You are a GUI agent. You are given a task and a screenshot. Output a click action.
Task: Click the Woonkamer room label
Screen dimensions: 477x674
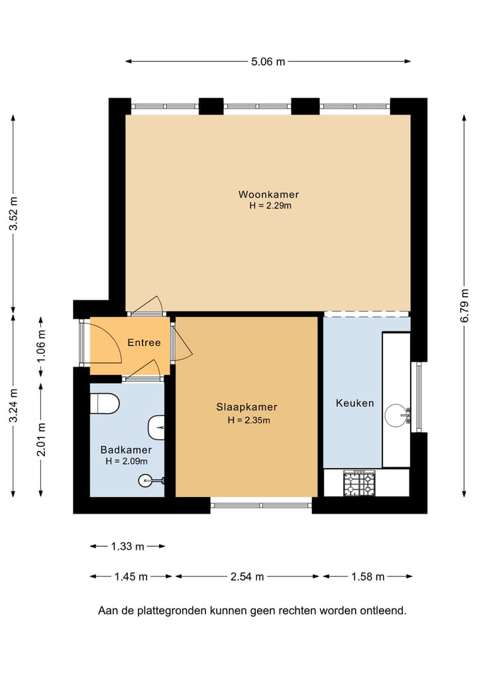pos(268,194)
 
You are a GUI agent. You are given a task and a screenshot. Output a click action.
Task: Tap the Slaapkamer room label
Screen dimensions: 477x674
pos(246,407)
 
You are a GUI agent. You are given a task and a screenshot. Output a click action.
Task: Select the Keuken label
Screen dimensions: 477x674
pos(355,403)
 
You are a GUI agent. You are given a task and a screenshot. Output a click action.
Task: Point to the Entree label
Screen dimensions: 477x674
pos(144,343)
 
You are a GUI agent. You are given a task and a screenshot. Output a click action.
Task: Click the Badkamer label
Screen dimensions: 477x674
pos(126,449)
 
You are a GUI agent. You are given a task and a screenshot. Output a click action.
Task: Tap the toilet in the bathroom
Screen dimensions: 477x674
pos(105,403)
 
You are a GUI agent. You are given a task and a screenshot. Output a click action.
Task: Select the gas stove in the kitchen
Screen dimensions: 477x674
pos(359,482)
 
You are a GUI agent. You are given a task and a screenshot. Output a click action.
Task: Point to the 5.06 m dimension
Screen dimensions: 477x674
pos(268,62)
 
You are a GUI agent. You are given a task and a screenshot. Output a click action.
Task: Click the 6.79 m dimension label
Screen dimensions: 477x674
pos(464,306)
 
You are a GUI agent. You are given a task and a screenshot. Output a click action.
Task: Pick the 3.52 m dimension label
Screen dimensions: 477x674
pos(13,213)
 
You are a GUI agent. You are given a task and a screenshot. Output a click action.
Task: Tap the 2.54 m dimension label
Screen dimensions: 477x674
pos(247,577)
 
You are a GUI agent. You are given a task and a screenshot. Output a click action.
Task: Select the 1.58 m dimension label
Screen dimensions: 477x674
pos(368,577)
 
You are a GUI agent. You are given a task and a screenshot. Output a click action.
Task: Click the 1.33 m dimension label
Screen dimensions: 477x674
pos(128,546)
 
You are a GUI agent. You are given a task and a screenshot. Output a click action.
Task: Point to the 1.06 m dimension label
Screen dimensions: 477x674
pos(41,345)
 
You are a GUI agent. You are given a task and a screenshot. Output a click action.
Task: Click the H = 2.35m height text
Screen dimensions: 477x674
pos(249,420)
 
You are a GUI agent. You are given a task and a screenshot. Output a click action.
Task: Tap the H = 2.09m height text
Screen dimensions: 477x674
pos(127,461)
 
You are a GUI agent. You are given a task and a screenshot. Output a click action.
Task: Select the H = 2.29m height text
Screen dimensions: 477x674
pos(270,205)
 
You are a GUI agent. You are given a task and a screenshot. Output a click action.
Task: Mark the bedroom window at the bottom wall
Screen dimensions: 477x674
pos(261,503)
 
